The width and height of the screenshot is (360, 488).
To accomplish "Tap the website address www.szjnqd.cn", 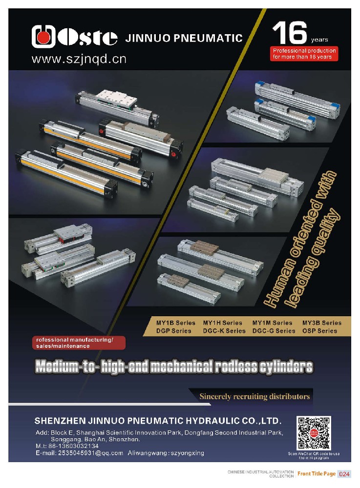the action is click(79, 59).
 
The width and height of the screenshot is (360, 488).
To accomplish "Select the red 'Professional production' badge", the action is click(304, 54).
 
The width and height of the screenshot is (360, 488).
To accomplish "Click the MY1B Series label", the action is click(176, 323).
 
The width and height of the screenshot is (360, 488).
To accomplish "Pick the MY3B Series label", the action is click(322, 323).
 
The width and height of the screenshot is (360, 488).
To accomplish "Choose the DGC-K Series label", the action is click(224, 331).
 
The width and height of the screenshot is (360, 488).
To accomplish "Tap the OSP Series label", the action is click(319, 331).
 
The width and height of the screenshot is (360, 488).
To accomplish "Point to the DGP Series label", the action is click(173, 331).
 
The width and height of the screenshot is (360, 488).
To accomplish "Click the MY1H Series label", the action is click(222, 323).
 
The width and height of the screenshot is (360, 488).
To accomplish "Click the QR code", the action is click(314, 433).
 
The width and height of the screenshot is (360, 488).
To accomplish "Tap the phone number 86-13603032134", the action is click(73, 446).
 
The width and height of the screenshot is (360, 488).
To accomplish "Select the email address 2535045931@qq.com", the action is click(91, 453).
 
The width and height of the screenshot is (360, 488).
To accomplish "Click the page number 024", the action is click(344, 474).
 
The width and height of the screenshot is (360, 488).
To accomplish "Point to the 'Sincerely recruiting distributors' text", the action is click(254, 396).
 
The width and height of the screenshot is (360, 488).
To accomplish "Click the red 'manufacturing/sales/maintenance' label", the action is click(79, 343).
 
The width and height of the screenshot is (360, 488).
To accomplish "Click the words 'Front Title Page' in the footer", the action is click(317, 474).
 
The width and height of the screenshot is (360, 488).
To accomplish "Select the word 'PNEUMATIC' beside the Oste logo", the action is click(208, 38).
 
